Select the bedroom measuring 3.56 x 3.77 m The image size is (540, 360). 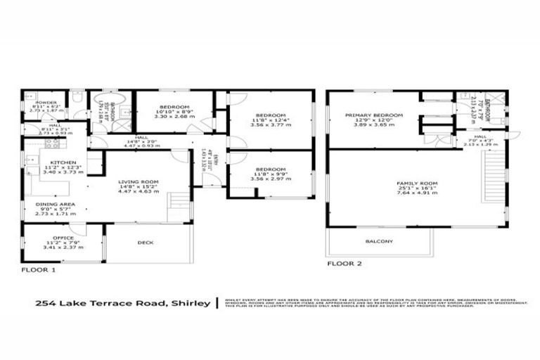click(270, 115)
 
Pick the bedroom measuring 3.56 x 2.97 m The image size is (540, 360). click(270, 169)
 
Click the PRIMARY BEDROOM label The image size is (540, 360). click(373, 115)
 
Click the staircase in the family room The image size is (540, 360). click(490, 179)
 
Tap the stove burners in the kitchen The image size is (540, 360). click(50, 143)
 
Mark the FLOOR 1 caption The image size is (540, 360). click(38, 269)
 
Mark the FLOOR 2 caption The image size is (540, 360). click(344, 264)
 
